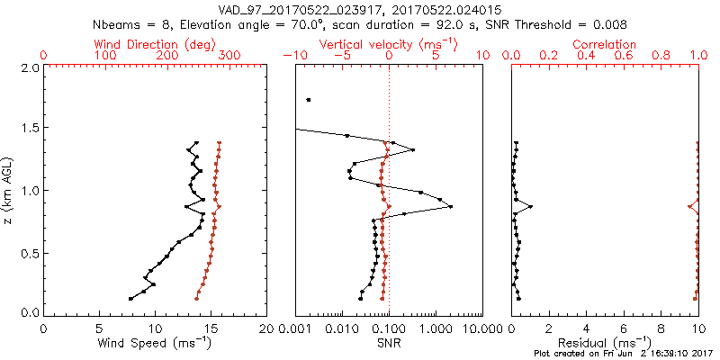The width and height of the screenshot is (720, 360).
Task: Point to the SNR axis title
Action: click(389, 343)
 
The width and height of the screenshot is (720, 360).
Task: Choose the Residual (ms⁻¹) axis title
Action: click(604, 344)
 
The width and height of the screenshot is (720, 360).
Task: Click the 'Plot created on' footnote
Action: click(622, 355)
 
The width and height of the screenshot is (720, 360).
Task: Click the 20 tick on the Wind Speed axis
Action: click(266, 328)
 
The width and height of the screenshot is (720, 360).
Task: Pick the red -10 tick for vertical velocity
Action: click(292, 56)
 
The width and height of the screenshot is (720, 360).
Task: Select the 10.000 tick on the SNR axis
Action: click(482, 328)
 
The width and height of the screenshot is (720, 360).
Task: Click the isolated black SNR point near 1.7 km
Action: click(309, 100)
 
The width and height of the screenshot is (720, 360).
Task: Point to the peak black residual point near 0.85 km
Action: click(531, 207)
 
